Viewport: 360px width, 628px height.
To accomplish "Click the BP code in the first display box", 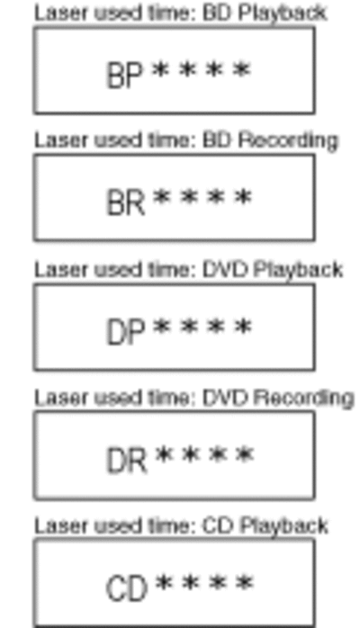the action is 124,75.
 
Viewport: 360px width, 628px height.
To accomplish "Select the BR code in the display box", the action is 125,202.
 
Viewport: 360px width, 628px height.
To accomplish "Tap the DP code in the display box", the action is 125,332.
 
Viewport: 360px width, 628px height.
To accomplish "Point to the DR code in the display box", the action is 127,461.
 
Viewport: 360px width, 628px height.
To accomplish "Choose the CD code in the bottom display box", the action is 126,588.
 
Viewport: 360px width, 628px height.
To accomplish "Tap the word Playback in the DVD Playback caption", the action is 298,270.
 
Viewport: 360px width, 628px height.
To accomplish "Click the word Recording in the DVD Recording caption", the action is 304,399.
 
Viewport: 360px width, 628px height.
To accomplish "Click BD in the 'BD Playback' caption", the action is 218,13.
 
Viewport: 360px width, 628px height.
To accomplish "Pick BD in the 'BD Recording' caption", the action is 218,140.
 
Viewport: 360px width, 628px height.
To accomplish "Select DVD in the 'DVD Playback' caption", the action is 226,270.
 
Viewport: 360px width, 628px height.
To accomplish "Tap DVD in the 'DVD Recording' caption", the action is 226,398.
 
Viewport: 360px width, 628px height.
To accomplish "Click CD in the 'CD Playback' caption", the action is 218,525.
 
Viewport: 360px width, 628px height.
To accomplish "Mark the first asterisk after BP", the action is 160,70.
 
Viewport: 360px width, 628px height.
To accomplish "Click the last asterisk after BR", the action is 243,197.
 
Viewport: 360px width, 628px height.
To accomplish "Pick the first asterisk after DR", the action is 164,455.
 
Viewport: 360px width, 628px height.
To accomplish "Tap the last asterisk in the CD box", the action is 245,583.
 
